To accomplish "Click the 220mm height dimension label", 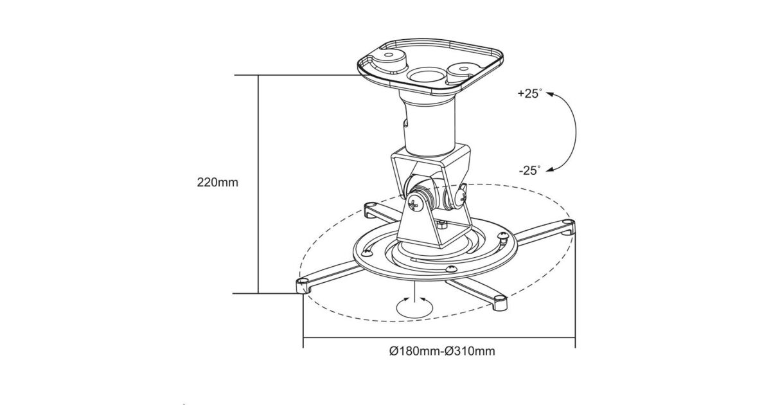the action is (217, 182).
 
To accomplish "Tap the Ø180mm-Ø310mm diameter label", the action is (442, 351).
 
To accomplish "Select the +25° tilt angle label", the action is (529, 94).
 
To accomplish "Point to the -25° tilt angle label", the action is (530, 170).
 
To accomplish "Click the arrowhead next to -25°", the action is (550, 169).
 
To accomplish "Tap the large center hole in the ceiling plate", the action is (427, 75).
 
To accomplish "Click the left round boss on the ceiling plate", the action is (390, 60).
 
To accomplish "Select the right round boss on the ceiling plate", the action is (463, 72).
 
